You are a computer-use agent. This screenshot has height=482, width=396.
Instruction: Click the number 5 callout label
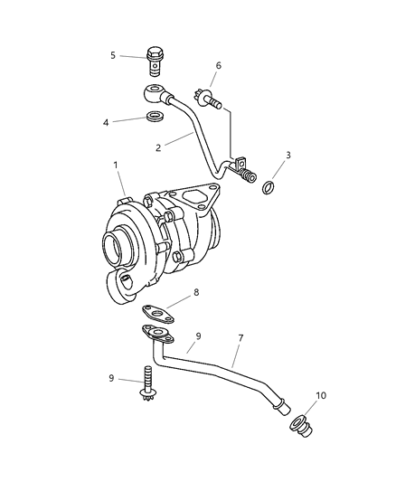(x=113, y=55)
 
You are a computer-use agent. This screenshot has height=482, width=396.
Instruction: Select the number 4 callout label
(x=106, y=121)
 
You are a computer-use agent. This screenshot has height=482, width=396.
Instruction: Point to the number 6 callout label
(x=218, y=65)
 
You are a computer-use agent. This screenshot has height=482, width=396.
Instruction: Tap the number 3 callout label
(x=288, y=155)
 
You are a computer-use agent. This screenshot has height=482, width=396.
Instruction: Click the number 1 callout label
(x=115, y=165)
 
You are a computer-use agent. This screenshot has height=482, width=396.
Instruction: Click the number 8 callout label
(x=195, y=294)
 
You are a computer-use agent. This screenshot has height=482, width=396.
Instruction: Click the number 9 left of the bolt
(x=111, y=378)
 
